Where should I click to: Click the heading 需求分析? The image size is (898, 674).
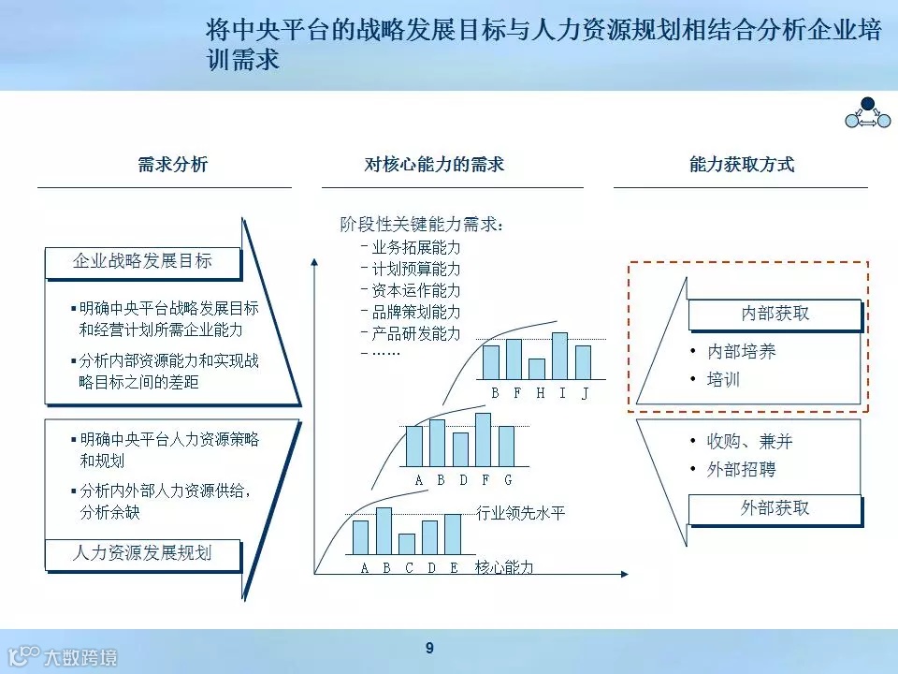pyautogui.click(x=172, y=165)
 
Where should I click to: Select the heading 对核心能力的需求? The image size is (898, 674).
pyautogui.click(x=434, y=165)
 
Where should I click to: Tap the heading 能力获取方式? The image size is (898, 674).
pyautogui.click(x=742, y=165)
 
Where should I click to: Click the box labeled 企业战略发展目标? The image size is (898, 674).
pyautogui.click(x=142, y=262)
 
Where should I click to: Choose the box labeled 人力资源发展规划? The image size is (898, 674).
pyautogui.click(x=142, y=553)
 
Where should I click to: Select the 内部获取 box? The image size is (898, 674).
pyautogui.click(x=775, y=314)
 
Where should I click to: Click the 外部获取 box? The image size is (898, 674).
pyautogui.click(x=775, y=508)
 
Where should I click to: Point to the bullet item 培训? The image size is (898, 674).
pyautogui.click(x=723, y=380)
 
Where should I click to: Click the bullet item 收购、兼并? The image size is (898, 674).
pyautogui.click(x=749, y=441)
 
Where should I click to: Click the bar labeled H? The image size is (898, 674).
pyautogui.click(x=536, y=369)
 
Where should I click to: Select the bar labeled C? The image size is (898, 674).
pyautogui.click(x=406, y=544)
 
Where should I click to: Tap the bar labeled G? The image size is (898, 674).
pyautogui.click(x=506, y=447)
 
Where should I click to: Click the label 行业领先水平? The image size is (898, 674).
pyautogui.click(x=521, y=513)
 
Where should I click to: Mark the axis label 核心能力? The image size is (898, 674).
pyautogui.click(x=504, y=567)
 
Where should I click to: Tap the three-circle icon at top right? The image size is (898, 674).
pyautogui.click(x=866, y=113)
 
